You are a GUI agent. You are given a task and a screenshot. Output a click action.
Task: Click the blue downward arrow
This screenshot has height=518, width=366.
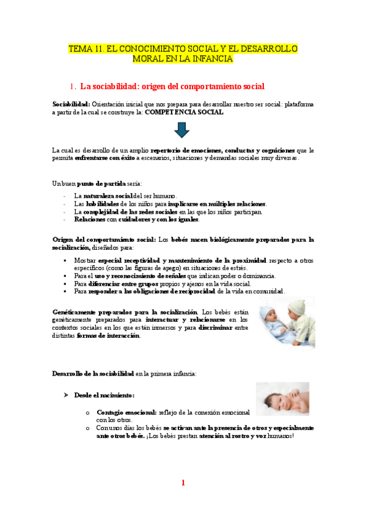(183, 130)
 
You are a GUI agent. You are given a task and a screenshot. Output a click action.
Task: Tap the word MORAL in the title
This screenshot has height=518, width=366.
(148, 59)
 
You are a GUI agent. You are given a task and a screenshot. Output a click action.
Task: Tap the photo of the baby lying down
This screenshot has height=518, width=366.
(282, 399)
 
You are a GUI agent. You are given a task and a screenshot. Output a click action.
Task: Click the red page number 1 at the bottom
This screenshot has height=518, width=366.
(183, 483)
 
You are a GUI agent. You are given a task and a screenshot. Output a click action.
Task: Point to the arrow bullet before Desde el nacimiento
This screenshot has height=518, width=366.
(68, 395)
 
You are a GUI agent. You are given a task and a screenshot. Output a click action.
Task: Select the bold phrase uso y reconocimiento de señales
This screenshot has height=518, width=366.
(135, 276)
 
